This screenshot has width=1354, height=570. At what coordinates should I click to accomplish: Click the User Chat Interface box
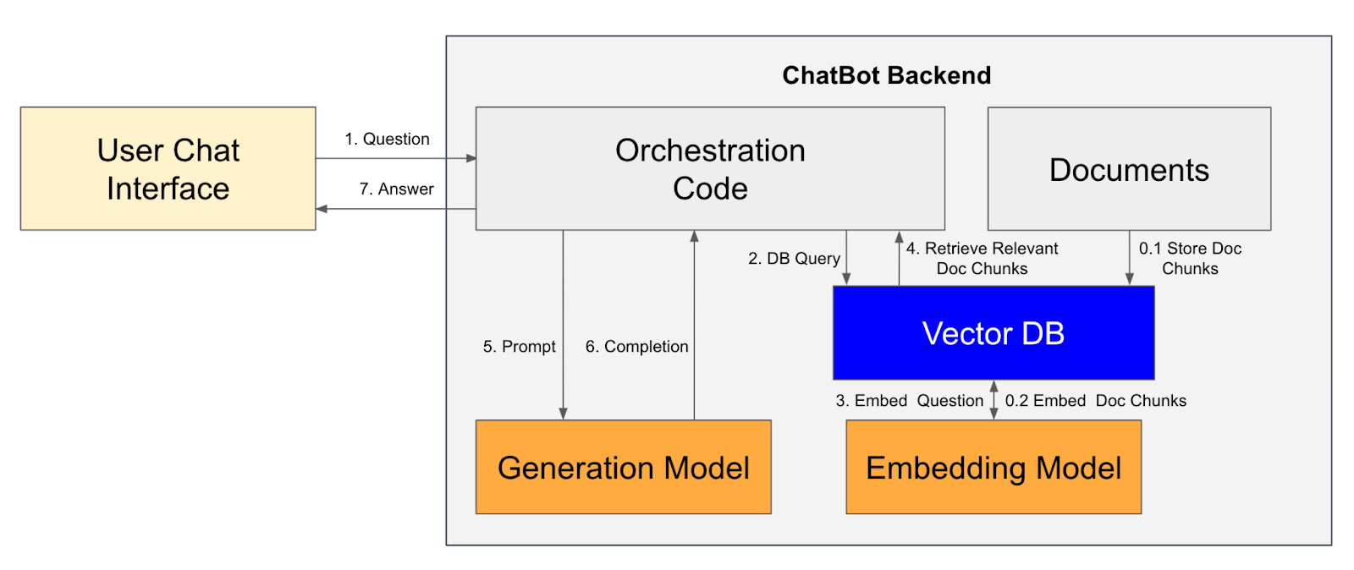(x=168, y=168)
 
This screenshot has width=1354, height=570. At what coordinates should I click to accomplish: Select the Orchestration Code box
(x=709, y=168)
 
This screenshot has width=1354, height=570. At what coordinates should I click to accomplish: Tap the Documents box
(x=1129, y=168)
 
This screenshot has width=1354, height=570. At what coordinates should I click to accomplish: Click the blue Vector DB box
(x=993, y=332)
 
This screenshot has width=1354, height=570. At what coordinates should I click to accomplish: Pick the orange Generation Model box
(x=623, y=467)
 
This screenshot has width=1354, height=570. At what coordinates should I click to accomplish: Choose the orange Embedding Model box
(x=993, y=467)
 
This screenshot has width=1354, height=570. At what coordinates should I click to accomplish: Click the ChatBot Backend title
(x=886, y=75)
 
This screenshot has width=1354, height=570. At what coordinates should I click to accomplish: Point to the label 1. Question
(x=387, y=139)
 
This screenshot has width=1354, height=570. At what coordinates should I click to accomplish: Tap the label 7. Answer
(x=396, y=189)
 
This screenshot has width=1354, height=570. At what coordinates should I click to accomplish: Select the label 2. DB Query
(x=794, y=258)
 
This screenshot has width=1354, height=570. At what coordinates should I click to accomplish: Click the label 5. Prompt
(x=519, y=346)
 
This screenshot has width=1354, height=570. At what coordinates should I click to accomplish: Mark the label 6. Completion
(x=636, y=346)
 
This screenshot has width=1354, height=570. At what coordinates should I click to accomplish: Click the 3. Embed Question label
(x=909, y=400)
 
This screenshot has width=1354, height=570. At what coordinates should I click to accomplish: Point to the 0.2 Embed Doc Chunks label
(x=1095, y=400)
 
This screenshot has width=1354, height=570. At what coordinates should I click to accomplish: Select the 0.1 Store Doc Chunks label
(x=1190, y=258)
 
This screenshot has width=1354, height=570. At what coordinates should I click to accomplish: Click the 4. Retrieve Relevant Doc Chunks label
(x=982, y=258)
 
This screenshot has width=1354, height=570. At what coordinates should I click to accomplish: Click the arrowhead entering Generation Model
(x=563, y=414)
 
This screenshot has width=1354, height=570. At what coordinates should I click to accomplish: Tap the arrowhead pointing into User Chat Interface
(x=322, y=209)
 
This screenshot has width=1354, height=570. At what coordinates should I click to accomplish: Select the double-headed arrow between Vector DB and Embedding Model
(x=993, y=400)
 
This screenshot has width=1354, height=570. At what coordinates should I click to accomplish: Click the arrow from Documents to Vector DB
(x=1129, y=258)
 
